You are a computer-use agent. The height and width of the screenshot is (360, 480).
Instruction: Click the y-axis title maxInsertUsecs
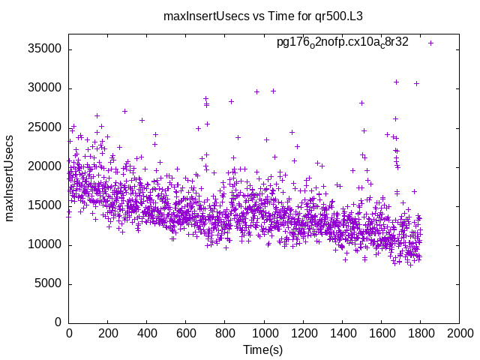click(x=10, y=178)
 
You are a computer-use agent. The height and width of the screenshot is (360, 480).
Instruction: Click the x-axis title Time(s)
click(x=263, y=350)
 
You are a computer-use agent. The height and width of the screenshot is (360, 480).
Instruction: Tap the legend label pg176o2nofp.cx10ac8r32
click(x=343, y=43)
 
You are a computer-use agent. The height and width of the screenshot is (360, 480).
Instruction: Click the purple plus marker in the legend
click(x=430, y=43)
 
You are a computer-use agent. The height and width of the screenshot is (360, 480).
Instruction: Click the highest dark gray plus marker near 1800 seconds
click(x=416, y=83)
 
